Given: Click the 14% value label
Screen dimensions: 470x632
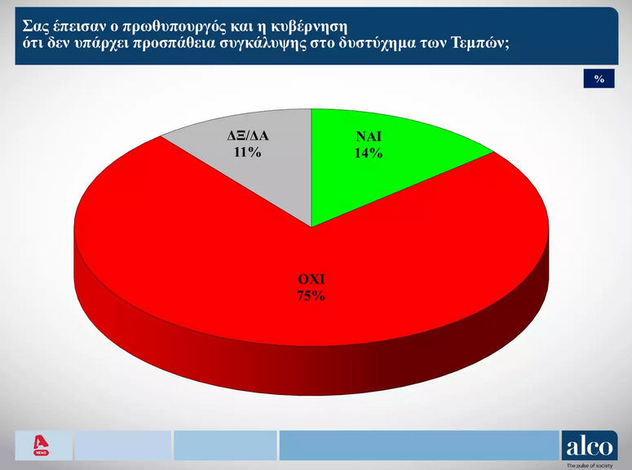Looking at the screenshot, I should (x=369, y=153).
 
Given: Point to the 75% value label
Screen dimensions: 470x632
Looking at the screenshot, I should (x=311, y=296).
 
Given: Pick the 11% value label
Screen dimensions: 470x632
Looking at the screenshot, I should (x=247, y=153).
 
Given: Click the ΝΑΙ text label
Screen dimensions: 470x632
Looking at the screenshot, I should (x=369, y=137).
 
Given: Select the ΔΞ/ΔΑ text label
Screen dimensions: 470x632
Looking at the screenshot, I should (x=247, y=137).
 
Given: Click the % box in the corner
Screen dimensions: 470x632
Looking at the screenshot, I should (x=599, y=79).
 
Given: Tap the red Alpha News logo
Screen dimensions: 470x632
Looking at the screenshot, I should (x=41, y=446).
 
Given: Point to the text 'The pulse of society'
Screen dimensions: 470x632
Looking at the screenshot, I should (x=590, y=465).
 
